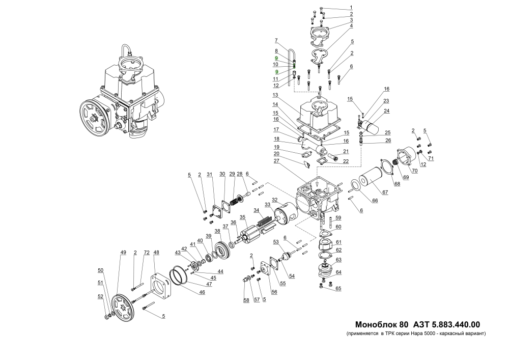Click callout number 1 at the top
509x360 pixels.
point(351,8)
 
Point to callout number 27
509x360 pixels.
point(276,161)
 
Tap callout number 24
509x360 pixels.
point(386,111)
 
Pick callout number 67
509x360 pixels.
point(385,193)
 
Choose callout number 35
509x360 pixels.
point(243,217)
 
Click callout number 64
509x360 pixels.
point(338,272)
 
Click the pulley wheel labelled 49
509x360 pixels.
point(122,308)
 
